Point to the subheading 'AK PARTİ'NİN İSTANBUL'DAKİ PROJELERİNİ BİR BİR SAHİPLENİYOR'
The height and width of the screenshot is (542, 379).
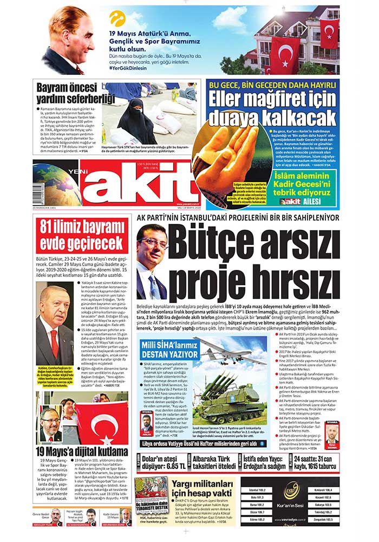pos(239,217)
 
